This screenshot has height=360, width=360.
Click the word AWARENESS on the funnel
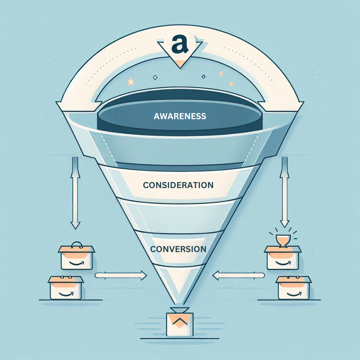[x=180, y=116]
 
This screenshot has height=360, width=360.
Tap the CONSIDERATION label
[x=178, y=185]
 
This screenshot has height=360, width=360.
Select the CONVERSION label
[x=178, y=249]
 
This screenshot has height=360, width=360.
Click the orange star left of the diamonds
[x=131, y=82]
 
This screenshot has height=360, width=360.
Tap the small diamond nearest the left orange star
[x=155, y=78]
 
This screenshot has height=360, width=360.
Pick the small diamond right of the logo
[x=204, y=76]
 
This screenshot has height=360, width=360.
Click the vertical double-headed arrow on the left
[x=75, y=193]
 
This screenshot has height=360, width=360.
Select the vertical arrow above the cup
[x=285, y=192]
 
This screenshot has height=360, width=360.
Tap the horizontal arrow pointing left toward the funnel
[x=239, y=275]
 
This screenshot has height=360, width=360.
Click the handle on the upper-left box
[x=77, y=245]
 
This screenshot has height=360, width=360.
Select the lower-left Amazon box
[x=66, y=288]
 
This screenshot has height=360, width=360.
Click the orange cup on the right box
[x=283, y=240]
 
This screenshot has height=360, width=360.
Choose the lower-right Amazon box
[x=294, y=288]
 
